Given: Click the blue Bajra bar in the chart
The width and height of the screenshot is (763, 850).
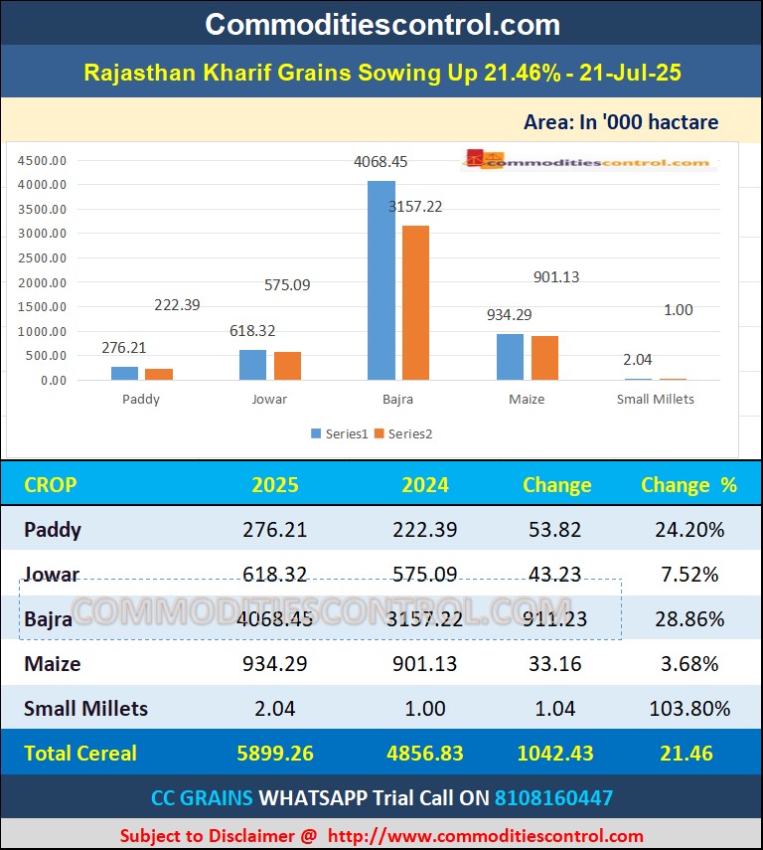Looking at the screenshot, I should click(381, 280).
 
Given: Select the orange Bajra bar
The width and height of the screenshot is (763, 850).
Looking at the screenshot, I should click(415, 302).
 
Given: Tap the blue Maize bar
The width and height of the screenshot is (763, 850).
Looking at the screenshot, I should click(510, 357).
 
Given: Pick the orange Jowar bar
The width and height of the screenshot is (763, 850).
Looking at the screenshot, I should click(287, 366).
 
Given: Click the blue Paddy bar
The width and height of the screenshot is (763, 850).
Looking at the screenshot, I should click(125, 373).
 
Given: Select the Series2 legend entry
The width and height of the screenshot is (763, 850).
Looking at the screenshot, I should click(403, 433).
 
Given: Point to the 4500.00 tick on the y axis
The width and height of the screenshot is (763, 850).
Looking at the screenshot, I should click(43, 160).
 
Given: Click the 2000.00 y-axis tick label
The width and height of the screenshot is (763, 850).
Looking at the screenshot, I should click(43, 282).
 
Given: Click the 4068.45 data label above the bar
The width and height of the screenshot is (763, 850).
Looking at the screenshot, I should click(381, 161).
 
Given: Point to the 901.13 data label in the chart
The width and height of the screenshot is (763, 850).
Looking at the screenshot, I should click(555, 277).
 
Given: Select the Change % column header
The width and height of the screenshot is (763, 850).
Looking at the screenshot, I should click(688, 485).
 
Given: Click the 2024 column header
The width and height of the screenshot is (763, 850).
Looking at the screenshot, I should click(424, 485).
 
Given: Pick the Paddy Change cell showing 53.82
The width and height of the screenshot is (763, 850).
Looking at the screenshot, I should click(556, 529).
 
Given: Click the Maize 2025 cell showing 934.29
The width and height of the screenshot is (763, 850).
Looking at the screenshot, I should click(274, 663).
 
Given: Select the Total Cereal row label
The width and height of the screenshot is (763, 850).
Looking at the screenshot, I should click(82, 753).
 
